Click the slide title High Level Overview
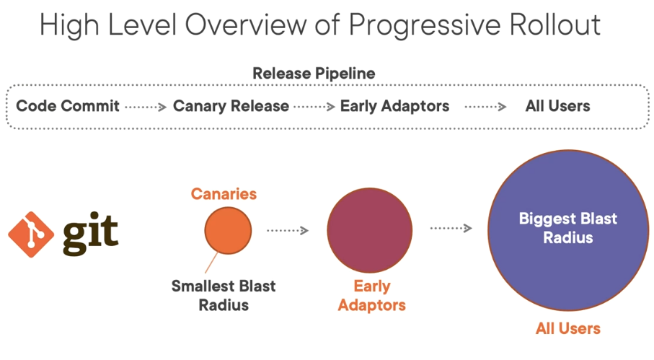click(x=319, y=25)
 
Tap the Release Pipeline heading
click(x=314, y=74)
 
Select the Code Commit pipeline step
click(x=68, y=106)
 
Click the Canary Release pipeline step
click(x=231, y=106)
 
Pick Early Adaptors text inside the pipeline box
click(x=394, y=106)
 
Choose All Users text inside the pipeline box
click(x=557, y=106)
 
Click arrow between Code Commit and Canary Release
click(x=146, y=107)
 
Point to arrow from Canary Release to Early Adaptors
click(x=314, y=107)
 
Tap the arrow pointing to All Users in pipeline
click(x=485, y=107)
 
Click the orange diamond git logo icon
click(x=31, y=235)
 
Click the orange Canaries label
click(x=224, y=194)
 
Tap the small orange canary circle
click(x=228, y=231)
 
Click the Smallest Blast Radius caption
click(x=223, y=295)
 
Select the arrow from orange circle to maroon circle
click(x=288, y=231)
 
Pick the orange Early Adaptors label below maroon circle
click(x=371, y=295)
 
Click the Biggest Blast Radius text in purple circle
click(x=568, y=228)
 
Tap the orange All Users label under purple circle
click(x=567, y=328)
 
